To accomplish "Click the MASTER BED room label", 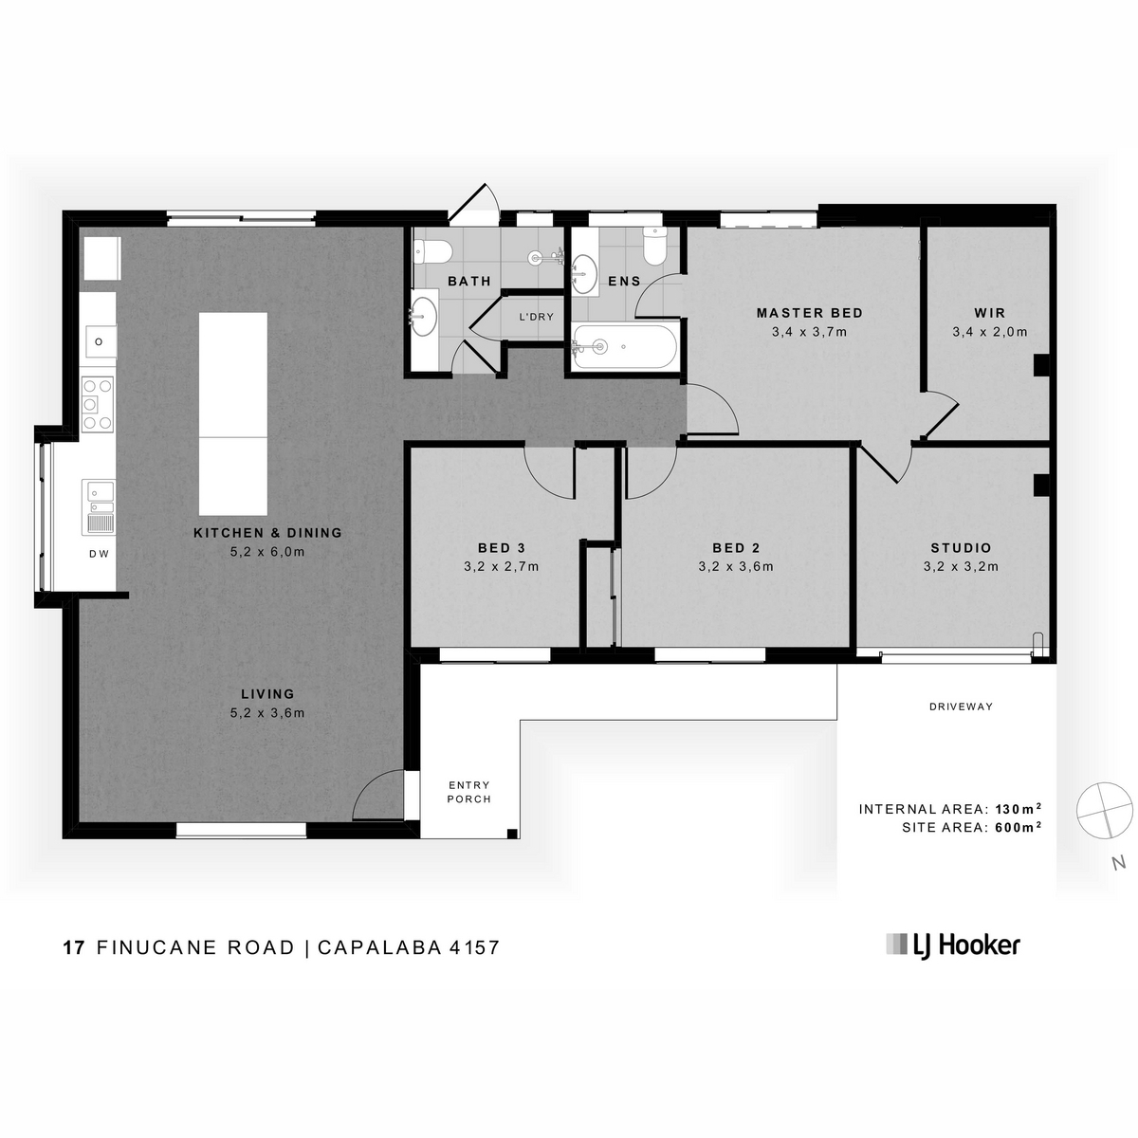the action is pos(809,312).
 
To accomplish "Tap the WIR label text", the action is pos(990,312).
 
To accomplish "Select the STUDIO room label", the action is pos(961,547).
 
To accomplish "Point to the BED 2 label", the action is pos(735,547).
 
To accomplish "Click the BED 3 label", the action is pos(501,547).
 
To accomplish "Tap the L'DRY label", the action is pos(536,317).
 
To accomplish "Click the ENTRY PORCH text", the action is pos(468,792).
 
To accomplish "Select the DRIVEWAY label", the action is pos(961,707).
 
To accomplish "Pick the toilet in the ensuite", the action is pos(654,246).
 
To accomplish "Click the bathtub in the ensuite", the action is pos(625,347).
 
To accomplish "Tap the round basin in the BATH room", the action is pos(424,317).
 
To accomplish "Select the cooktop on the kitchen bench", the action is pos(98,405).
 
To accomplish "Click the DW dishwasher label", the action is pos(99,553).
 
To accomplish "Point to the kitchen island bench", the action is pos(232,413).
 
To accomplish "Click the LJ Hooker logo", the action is pos(952,945).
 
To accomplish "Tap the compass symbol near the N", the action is pos(1105,810).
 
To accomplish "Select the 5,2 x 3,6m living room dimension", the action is pos(267,713).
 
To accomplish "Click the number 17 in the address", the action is pos(74,947).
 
